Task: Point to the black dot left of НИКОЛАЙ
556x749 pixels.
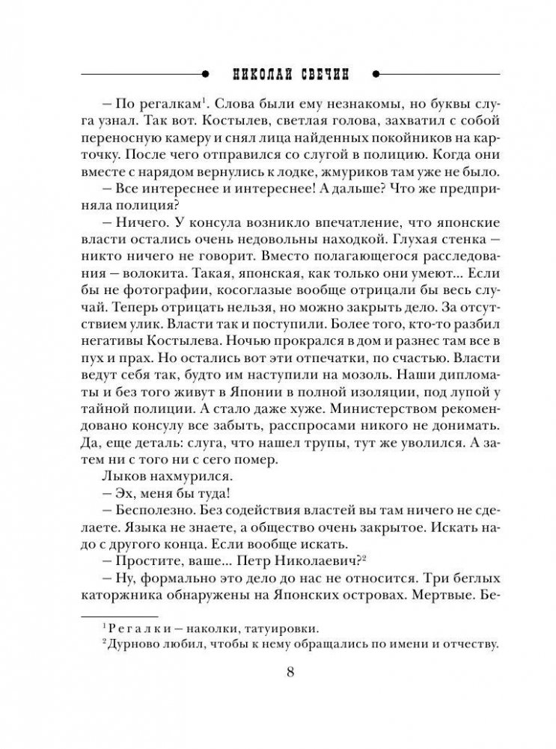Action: point(204,73)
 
